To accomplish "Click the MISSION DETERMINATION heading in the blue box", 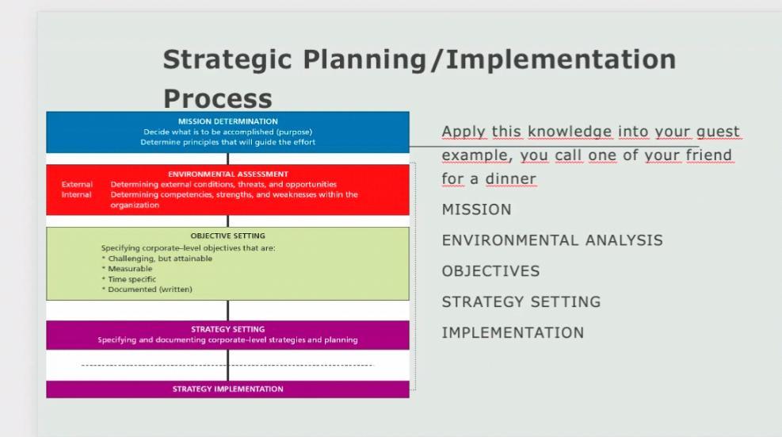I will pyautogui.click(x=227, y=121).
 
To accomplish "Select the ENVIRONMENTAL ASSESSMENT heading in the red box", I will pyautogui.click(x=227, y=174).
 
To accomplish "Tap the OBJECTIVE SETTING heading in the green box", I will pyautogui.click(x=227, y=236).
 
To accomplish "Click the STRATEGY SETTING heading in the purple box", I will pyautogui.click(x=227, y=329).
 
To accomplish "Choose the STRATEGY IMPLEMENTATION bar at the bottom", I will pyautogui.click(x=227, y=389).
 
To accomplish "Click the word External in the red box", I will pyautogui.click(x=77, y=184).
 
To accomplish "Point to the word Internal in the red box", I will pyautogui.click(x=76, y=194).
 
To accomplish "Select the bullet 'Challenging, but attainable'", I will pyautogui.click(x=159, y=259).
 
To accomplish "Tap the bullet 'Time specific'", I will pyautogui.click(x=132, y=279).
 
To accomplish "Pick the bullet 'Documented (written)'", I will pyautogui.click(x=150, y=289).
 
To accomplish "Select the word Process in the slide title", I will pyautogui.click(x=217, y=99).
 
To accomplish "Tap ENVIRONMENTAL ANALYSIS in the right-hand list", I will pyautogui.click(x=551, y=240).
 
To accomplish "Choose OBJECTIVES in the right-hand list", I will pyautogui.click(x=490, y=271).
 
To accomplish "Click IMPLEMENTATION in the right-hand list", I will pyautogui.click(x=513, y=333).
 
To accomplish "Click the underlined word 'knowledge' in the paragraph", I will pyautogui.click(x=570, y=132).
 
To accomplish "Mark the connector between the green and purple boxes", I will pyautogui.click(x=228, y=310).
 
